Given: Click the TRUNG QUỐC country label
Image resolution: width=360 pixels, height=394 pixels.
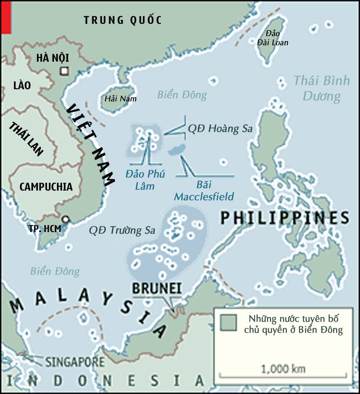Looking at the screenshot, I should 123,20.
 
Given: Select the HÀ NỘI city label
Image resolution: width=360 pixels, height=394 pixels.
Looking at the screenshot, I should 53,58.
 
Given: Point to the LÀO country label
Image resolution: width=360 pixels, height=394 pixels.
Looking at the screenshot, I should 22,86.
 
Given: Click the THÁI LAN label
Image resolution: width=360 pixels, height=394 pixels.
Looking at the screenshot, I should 26,139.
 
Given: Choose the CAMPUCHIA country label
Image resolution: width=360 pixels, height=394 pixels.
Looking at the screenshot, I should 46,187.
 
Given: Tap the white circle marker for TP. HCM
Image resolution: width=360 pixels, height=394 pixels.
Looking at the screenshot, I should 65,220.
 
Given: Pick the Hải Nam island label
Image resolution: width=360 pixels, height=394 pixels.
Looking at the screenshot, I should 120,99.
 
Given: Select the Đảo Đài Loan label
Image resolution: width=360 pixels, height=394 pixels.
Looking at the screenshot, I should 272,38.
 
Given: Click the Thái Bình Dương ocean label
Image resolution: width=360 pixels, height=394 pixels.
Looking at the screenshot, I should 321,88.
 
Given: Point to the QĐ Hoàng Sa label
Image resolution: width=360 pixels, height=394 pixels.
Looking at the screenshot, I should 220,129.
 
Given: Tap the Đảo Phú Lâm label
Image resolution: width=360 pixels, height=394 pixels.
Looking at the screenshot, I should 145,180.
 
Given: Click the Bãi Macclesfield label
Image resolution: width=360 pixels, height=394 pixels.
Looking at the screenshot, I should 204,191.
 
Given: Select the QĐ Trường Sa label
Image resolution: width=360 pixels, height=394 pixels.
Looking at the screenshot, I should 122,231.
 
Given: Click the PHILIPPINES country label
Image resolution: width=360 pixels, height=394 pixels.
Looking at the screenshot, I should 285,218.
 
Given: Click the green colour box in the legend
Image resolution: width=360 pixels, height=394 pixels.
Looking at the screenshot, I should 228,322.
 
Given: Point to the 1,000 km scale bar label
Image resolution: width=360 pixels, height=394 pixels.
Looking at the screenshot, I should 283,368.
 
